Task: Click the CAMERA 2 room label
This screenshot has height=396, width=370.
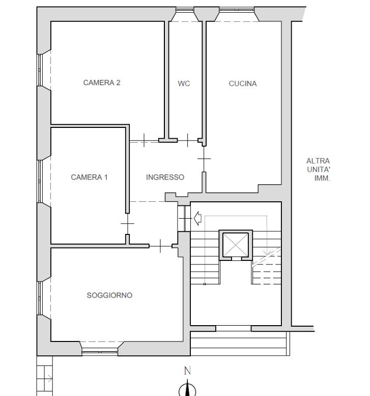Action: [x=102, y=83]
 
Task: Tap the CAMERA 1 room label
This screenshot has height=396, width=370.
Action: [x=89, y=177]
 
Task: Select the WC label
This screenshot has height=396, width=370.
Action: [x=184, y=84]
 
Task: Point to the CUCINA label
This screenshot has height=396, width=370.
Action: [x=243, y=84]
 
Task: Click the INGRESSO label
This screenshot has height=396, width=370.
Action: [x=165, y=177]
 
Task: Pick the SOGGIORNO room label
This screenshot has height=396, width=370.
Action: [x=109, y=295]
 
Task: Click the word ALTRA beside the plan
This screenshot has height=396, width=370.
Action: [x=318, y=161]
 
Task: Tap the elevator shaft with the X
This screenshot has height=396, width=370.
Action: [x=236, y=245]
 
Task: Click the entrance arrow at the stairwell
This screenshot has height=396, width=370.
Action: [x=198, y=218]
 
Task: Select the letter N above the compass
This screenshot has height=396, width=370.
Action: [x=187, y=371]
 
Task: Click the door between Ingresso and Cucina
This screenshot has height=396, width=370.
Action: [x=204, y=159]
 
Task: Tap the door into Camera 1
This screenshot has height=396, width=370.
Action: [x=128, y=224]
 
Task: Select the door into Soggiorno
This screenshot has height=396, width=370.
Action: [x=160, y=246]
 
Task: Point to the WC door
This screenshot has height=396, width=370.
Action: [x=188, y=141]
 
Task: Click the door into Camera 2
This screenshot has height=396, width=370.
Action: [x=144, y=141]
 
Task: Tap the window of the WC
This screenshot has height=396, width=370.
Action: [x=185, y=10]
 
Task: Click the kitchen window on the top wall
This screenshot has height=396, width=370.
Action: [x=237, y=10]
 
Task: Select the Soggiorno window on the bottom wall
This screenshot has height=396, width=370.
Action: [x=100, y=352]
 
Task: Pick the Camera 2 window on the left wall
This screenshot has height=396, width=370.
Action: [x=40, y=70]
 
